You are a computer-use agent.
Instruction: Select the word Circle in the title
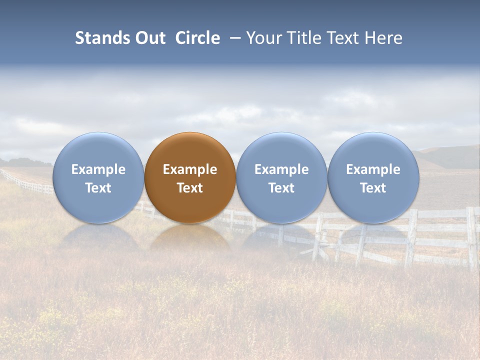point(197,38)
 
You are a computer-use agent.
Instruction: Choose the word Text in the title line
point(344,38)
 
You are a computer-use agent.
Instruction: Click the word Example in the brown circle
point(190,169)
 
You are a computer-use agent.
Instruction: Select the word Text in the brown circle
point(190,188)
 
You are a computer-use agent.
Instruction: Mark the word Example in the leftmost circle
point(98,169)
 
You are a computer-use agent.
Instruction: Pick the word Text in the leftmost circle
point(98,188)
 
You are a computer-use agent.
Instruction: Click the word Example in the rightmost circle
point(373,169)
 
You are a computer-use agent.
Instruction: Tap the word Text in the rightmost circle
point(373,188)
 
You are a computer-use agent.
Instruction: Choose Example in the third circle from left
point(281,169)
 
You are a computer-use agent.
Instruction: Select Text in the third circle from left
point(281,188)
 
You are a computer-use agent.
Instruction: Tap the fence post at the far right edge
point(471,237)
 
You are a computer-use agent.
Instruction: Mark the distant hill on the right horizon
point(445,156)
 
